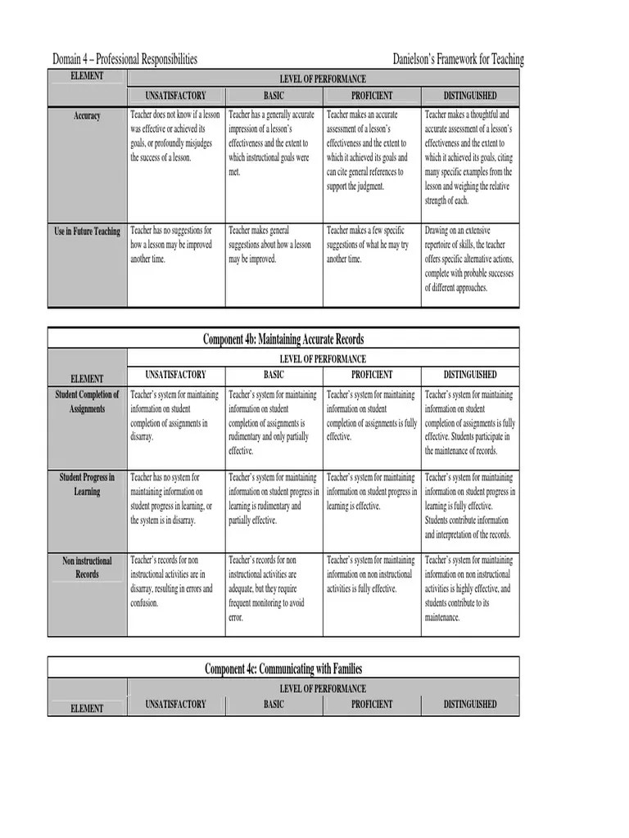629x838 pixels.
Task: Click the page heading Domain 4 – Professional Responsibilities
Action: point(124,59)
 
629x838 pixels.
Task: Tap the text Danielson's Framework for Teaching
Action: point(458,59)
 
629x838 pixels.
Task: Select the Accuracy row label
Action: point(87,116)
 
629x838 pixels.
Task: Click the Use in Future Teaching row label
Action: point(87,232)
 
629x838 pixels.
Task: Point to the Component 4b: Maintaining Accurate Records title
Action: point(283,339)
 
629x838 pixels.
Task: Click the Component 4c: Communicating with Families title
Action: point(283,669)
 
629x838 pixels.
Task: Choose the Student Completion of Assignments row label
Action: point(87,402)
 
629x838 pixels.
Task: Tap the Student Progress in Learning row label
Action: point(87,484)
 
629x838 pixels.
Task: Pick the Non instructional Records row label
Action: point(87,567)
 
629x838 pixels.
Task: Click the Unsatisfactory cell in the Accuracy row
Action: point(175,137)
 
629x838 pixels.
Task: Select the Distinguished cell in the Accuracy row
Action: point(469,157)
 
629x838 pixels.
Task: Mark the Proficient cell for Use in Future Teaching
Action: point(372,245)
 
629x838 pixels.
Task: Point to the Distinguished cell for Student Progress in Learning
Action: point(469,506)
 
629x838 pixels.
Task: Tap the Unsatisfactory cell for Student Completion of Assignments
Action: point(175,416)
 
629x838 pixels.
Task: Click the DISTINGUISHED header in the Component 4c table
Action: point(470,704)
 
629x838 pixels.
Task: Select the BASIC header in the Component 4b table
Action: point(274,375)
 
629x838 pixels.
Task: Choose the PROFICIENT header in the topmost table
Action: point(372,96)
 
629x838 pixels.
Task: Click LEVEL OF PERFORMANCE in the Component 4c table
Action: point(323,689)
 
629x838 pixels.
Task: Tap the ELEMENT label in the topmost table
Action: point(87,76)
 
